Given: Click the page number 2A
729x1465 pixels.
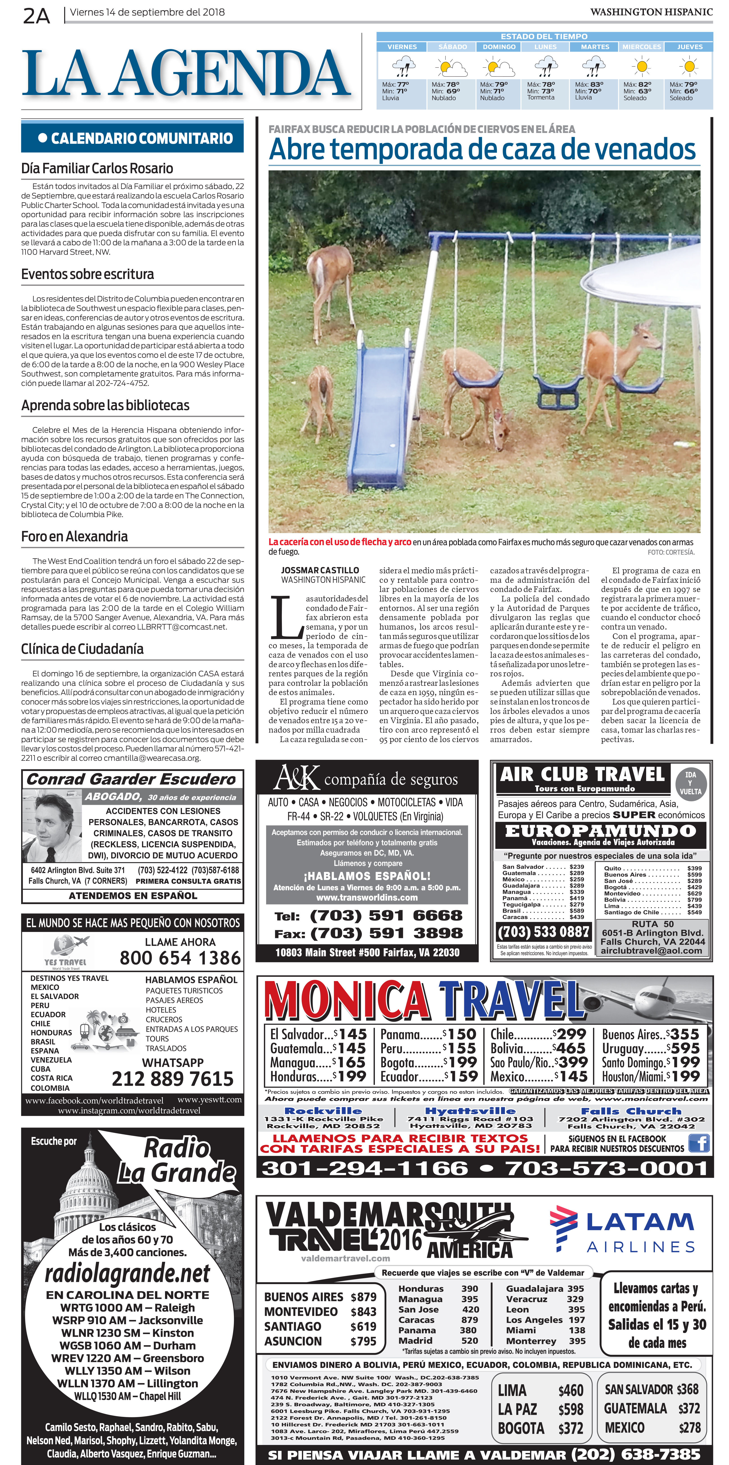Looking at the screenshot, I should (x=36, y=16).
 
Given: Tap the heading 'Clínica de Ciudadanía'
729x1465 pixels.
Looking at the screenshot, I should (x=82, y=649).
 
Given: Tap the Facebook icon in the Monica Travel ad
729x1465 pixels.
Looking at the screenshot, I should (x=699, y=1143).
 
